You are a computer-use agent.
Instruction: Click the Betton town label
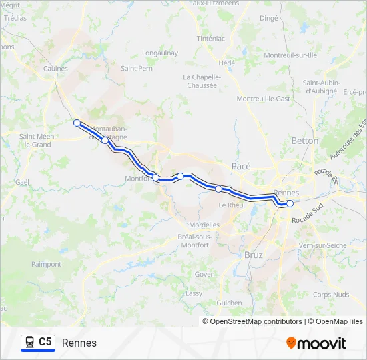(305, 141)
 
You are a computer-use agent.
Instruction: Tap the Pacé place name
(240, 165)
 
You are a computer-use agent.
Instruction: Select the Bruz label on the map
(254, 255)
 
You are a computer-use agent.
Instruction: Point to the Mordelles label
(204, 225)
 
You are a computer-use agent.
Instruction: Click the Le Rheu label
(231, 205)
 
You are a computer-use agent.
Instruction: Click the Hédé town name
(227, 63)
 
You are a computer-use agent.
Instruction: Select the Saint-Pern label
(137, 68)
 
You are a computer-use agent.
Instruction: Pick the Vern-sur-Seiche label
(323, 245)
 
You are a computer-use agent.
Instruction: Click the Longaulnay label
(159, 51)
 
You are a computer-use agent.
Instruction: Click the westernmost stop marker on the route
(77, 123)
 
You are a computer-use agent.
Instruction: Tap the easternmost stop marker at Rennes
(290, 203)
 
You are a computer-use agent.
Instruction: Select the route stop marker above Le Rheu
(218, 189)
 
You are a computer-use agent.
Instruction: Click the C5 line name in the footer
(45, 342)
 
